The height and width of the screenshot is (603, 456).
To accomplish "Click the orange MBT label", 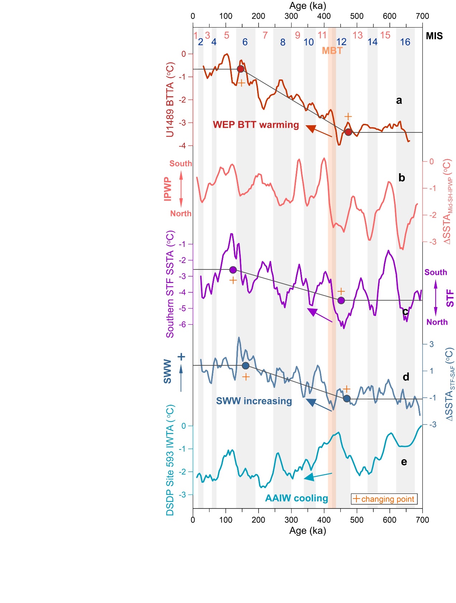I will pos(332,51).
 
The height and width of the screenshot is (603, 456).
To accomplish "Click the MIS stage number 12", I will pos(341,42).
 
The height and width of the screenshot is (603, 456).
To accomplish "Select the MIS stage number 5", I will pos(226,35).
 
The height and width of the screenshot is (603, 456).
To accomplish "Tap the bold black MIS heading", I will pos(434,36).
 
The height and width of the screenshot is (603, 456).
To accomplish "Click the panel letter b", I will pos(402,178).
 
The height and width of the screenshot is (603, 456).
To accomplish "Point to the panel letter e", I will pos(404,462).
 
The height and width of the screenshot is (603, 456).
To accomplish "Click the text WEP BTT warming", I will pos(256,125).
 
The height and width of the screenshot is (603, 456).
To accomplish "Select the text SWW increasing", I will pos(254,401).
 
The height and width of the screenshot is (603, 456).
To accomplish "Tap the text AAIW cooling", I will pos(297,499).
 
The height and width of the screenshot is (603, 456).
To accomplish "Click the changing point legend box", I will pos(384,499).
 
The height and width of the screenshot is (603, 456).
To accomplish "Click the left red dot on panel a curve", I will pos(240,69).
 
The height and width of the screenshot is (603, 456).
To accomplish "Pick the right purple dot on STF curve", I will pos(341,300).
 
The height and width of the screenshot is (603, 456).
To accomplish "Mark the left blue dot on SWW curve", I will pos(245,366).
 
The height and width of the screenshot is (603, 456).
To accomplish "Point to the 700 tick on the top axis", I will pos(422,16).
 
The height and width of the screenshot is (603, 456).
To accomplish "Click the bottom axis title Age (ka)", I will pos(308,531).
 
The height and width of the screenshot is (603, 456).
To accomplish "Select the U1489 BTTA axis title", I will pos(170,100).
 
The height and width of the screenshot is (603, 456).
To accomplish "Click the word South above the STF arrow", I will pos(436,272).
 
